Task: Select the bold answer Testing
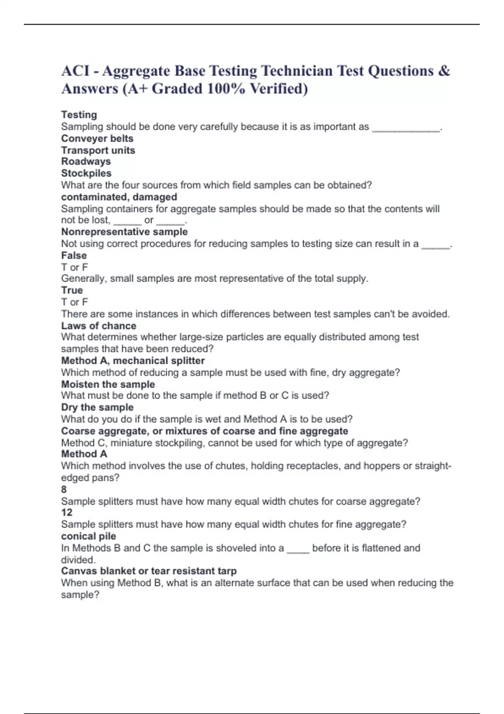click(x=79, y=115)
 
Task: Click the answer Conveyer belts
click(x=97, y=139)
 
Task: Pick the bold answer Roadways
click(x=86, y=162)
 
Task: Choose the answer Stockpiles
click(x=86, y=173)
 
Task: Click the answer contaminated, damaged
click(x=119, y=197)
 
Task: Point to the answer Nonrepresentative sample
click(x=124, y=232)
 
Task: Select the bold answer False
click(x=74, y=255)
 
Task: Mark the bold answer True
click(x=72, y=290)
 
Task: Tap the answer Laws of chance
click(x=99, y=326)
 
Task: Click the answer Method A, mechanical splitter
click(x=133, y=361)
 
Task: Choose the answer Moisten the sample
click(x=108, y=384)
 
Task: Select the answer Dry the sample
click(x=97, y=407)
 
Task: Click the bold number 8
click(x=64, y=489)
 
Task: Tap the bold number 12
click(x=66, y=512)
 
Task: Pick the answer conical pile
click(x=88, y=536)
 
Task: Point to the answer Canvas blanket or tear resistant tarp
click(x=149, y=571)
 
